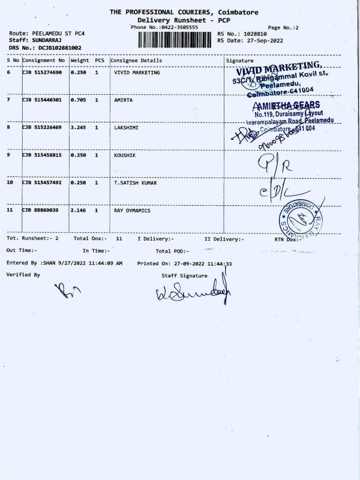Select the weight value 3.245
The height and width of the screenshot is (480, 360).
[79, 127]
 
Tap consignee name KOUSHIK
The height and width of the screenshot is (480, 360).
[125, 155]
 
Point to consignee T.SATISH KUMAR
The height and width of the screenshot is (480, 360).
[135, 183]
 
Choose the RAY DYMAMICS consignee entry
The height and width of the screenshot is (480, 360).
[132, 211]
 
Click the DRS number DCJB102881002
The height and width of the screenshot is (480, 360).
[59, 47]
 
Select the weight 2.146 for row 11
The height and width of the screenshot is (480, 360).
[79, 211]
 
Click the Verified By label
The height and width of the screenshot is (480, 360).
[23, 274]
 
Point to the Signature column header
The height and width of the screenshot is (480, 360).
[239, 61]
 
